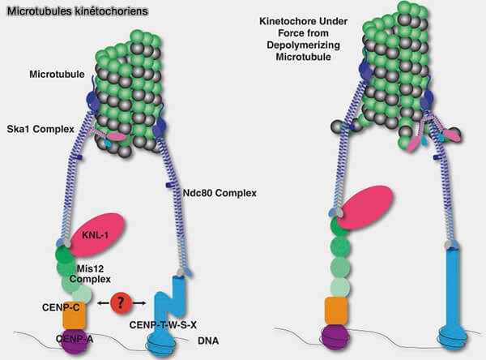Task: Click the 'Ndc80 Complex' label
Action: click(x=210, y=192)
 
